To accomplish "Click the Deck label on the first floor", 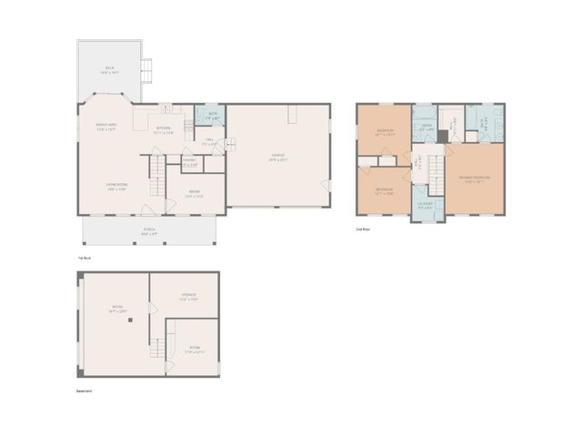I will (x=109, y=68).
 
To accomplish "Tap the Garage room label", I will (x=277, y=156).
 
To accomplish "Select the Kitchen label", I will (x=164, y=129).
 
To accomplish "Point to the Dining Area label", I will (x=107, y=126).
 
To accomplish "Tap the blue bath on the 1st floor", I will (x=211, y=116).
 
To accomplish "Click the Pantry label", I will (x=190, y=162).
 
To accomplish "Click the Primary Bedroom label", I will (x=474, y=178).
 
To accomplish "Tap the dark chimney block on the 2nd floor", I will (x=441, y=137).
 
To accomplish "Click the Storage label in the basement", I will (x=188, y=297).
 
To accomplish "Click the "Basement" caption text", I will (x=84, y=391).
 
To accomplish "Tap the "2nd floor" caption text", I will (x=362, y=229).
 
